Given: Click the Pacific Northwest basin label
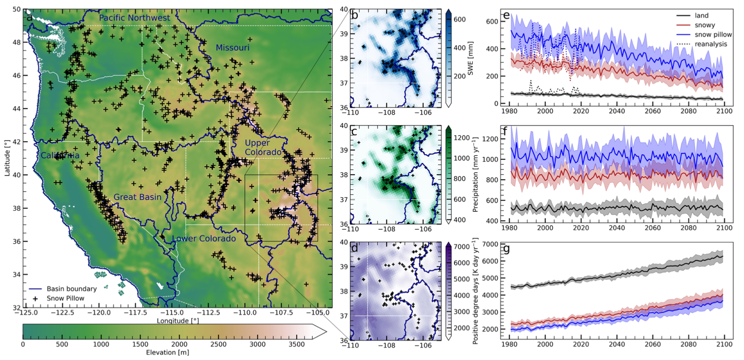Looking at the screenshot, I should click(134, 18).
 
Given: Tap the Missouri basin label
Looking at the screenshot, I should click(232, 48).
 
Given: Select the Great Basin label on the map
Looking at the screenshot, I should click(137, 197).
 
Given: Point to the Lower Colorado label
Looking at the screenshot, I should click(204, 239).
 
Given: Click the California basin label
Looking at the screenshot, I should click(60, 156).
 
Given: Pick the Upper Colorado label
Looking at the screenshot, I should click(263, 148).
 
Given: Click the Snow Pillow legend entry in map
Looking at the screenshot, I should click(65, 298).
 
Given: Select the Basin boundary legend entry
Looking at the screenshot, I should click(71, 289).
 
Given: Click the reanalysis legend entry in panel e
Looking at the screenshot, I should click(711, 44).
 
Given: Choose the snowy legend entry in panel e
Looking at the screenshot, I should click(705, 25).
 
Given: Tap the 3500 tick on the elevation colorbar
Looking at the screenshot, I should click(296, 344).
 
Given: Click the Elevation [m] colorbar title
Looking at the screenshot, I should click(167, 352).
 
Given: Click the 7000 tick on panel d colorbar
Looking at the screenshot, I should click(462, 247).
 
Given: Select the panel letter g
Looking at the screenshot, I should click(506, 249).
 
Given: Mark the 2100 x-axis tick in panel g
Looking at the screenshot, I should click(724, 344).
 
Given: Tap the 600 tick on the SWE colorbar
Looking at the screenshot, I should click(460, 19).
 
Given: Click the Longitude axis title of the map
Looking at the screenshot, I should click(177, 321).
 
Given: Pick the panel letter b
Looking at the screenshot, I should click(355, 15).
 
